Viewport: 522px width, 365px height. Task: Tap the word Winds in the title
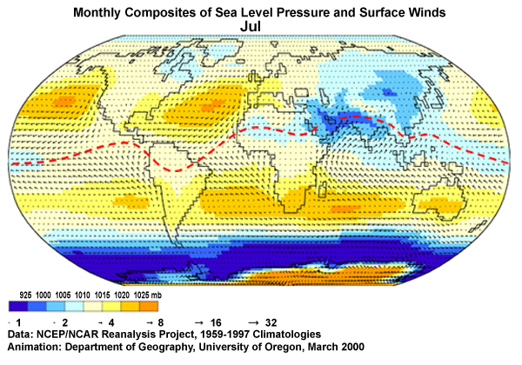point(419,12)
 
